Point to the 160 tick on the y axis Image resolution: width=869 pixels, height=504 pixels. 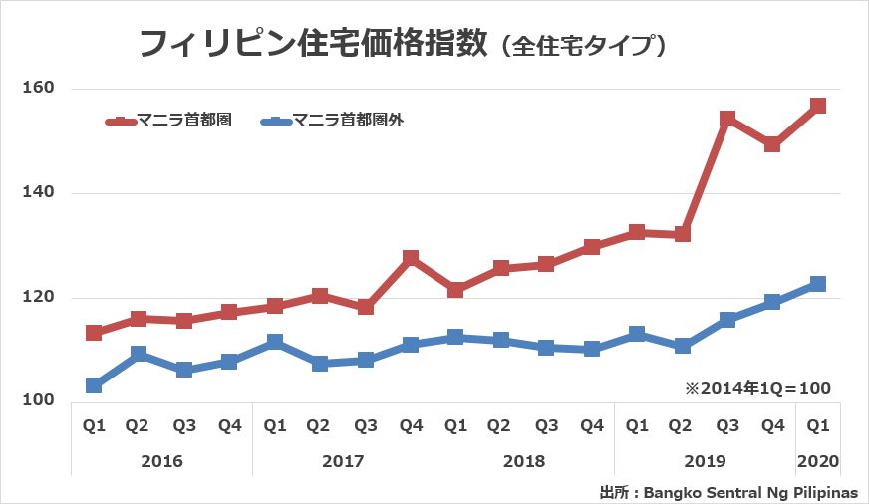(38, 88)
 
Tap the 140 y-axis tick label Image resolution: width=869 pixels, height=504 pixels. (38, 192)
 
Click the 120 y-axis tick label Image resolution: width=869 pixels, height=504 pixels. (38, 297)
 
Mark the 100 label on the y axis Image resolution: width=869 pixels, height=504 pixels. (38, 401)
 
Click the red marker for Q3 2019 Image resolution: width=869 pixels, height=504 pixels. (727, 119)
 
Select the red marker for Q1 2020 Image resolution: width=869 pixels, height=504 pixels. (818, 106)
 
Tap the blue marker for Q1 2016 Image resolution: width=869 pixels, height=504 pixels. (94, 385)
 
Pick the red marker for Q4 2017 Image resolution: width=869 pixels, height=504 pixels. (411, 258)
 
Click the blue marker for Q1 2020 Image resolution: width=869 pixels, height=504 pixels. (818, 284)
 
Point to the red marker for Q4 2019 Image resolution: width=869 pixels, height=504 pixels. (772, 144)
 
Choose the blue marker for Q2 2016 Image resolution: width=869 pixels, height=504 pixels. (139, 354)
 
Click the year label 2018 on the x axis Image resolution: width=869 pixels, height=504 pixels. (524, 462)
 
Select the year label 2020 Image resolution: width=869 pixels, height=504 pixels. (818, 462)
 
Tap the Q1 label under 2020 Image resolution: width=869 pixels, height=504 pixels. (818, 426)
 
